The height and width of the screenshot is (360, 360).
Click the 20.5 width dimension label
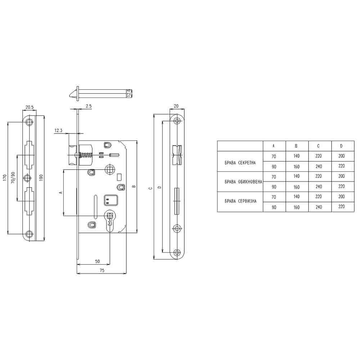coord(30,107)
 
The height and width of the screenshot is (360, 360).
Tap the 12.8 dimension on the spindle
coord(129,93)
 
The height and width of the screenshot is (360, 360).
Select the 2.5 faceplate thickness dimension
coord(89,106)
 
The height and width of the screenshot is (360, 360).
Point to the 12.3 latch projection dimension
coord(58,130)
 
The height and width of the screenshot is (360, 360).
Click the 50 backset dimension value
coord(97,261)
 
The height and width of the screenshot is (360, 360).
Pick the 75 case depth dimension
coord(102,270)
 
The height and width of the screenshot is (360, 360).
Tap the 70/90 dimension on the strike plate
coord(13,177)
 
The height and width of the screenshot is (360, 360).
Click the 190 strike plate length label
coord(41,177)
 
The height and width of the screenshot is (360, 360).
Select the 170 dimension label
coord(5,177)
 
